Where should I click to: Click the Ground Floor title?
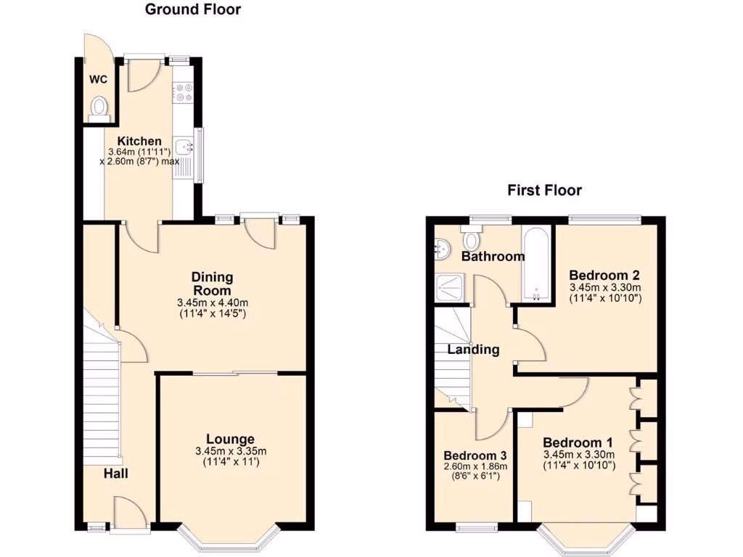[193, 9]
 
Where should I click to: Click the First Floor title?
[544, 191]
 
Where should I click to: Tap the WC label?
[98, 80]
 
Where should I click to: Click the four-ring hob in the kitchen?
[181, 93]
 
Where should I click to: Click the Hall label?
[115, 474]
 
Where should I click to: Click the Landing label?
[473, 350]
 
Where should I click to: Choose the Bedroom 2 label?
[604, 276]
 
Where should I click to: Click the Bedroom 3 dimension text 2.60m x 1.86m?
[475, 466]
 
